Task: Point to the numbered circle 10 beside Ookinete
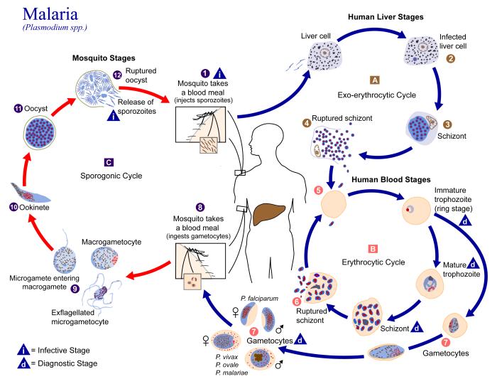pyautogui.click(x=12, y=207)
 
